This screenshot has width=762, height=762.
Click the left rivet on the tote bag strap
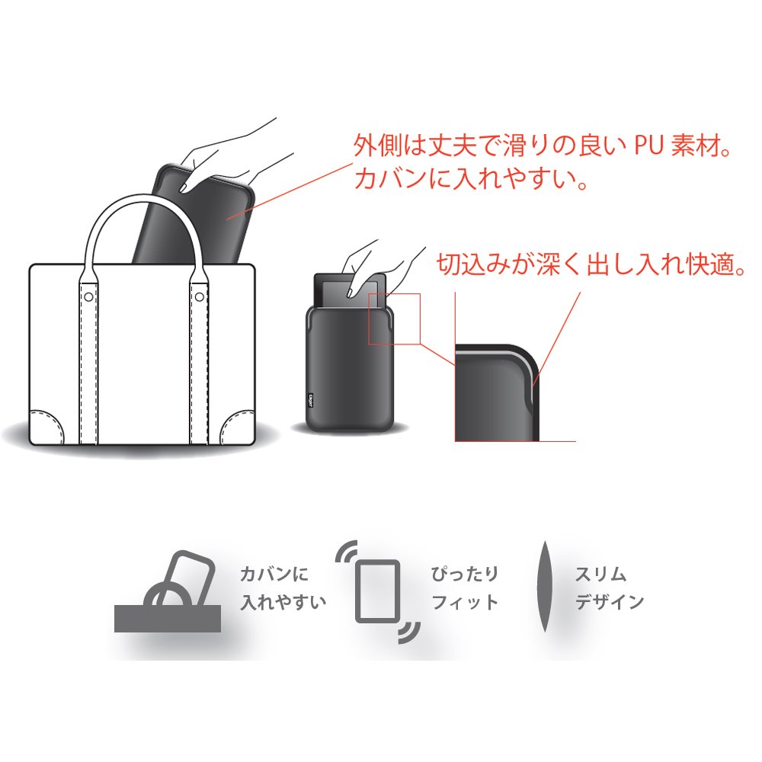pyautogui.click(x=88, y=296)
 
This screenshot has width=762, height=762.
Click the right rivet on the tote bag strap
pyautogui.click(x=199, y=296)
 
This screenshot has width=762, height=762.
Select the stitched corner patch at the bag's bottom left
pyautogui.click(x=46, y=427)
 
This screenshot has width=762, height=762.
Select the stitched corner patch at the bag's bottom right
pyautogui.click(x=238, y=427)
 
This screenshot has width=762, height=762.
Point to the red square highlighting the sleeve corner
pyautogui.click(x=394, y=319)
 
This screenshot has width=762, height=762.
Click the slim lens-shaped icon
pyautogui.click(x=545, y=587)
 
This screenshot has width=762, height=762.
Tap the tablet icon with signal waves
pyautogui.click(x=378, y=591)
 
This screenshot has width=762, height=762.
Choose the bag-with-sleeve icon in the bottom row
pyautogui.click(x=168, y=591)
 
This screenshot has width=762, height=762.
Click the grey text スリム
pyautogui.click(x=600, y=575)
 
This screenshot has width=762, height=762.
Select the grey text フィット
pyautogui.click(x=465, y=603)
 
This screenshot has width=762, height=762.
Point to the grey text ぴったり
pyautogui.click(x=465, y=574)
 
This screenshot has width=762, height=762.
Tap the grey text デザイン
pyautogui.click(x=610, y=602)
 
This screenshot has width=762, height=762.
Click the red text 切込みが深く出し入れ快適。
pyautogui.click(x=591, y=264)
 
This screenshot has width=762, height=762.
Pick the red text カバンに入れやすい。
pyautogui.click(x=472, y=178)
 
